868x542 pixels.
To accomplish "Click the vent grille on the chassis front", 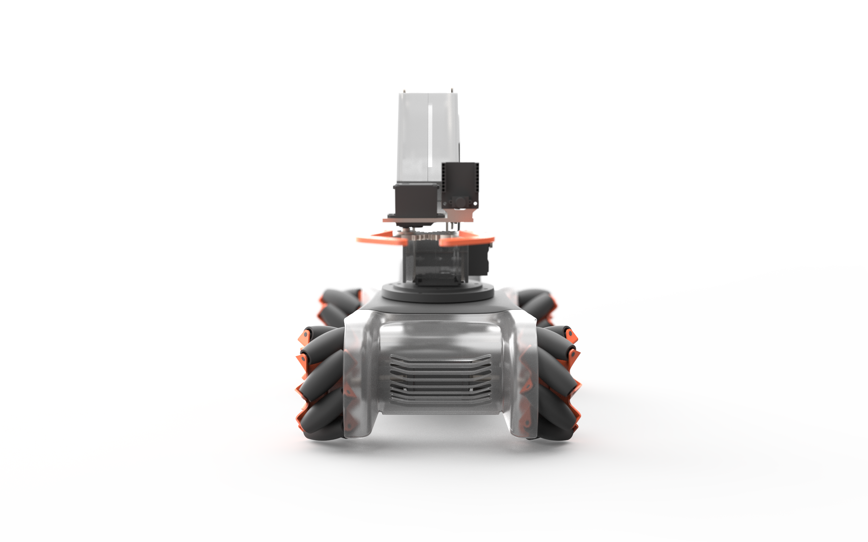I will [x=440, y=380].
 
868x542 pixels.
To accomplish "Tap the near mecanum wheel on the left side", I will [x=321, y=384].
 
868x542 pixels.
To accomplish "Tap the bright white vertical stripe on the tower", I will [x=430, y=136].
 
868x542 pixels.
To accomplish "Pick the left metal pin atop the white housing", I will [x=405, y=91].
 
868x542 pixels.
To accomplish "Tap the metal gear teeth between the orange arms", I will [x=427, y=237].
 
